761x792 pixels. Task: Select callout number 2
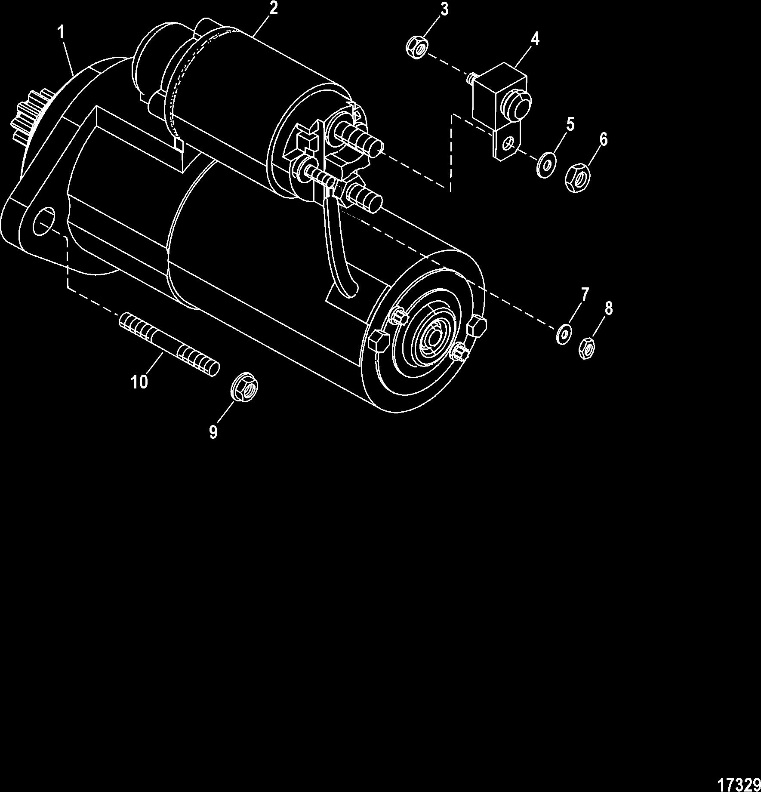273,8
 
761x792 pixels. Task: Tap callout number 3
444,9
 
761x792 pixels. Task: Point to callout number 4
535,39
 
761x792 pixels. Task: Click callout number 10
139,381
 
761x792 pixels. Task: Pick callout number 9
213,431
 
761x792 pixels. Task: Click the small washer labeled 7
564,334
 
